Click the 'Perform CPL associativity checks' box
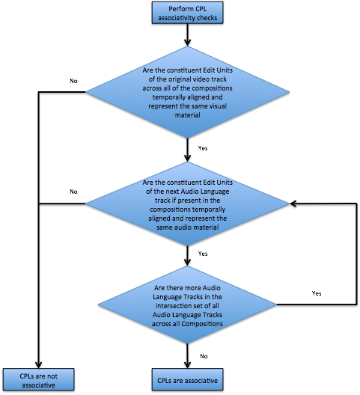[x=187, y=13]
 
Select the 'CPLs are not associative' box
[x=39, y=379]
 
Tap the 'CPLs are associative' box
[x=187, y=379]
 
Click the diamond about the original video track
[x=187, y=92]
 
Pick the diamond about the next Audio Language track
[x=187, y=203]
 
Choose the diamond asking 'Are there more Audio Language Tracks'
[x=187, y=304]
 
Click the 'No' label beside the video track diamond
[x=73, y=81]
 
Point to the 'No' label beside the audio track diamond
[x=73, y=192]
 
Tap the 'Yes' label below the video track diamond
[x=203, y=148]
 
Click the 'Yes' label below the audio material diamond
[x=203, y=254]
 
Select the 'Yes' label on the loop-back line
[x=317, y=293]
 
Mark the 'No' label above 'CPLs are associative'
[x=204, y=356]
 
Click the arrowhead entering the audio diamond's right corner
[x=293, y=203]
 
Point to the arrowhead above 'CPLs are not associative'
[x=39, y=365]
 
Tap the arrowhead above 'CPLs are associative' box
[x=187, y=365]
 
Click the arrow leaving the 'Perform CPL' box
[x=187, y=35]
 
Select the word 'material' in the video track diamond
[x=187, y=115]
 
